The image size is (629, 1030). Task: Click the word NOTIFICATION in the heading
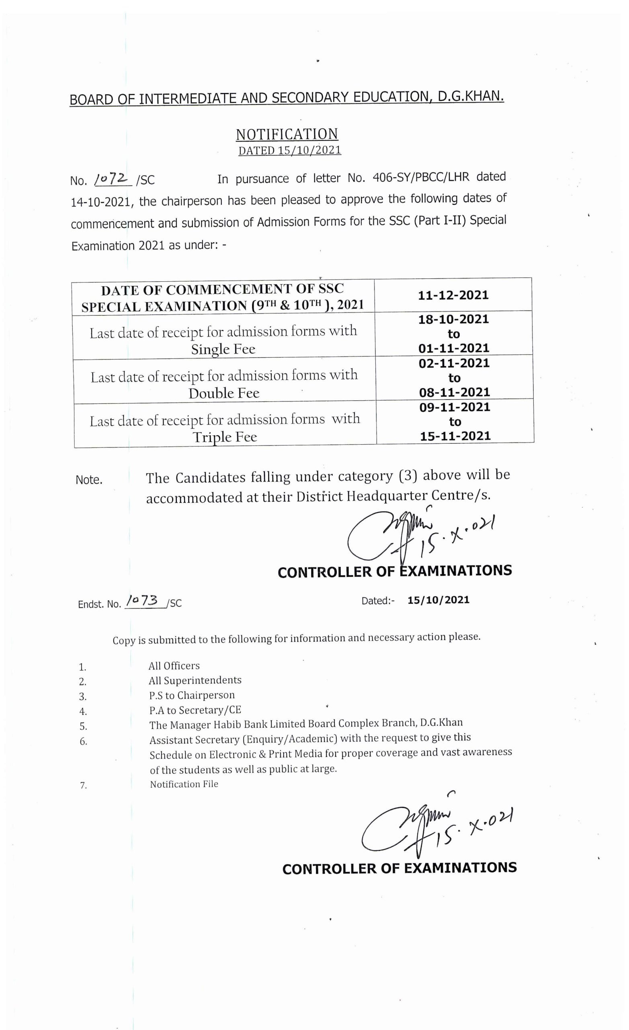[287, 134]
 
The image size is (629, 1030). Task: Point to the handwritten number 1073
[142, 602]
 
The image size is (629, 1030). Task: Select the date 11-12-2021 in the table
[453, 296]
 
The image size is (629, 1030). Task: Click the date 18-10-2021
[453, 320]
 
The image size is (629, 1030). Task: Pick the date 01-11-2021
[454, 348]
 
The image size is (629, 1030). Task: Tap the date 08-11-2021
[455, 392]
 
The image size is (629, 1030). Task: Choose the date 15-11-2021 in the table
[455, 437]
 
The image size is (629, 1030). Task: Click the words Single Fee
[223, 349]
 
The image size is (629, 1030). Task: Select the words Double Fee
[224, 393]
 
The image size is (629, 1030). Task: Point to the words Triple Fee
[225, 437]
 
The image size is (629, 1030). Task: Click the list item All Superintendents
[195, 680]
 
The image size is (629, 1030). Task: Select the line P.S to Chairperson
[192, 695]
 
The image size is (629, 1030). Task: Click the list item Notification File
[184, 784]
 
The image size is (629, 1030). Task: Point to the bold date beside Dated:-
[438, 600]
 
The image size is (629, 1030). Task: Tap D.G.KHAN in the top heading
[471, 97]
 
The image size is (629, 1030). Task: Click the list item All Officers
[174, 666]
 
